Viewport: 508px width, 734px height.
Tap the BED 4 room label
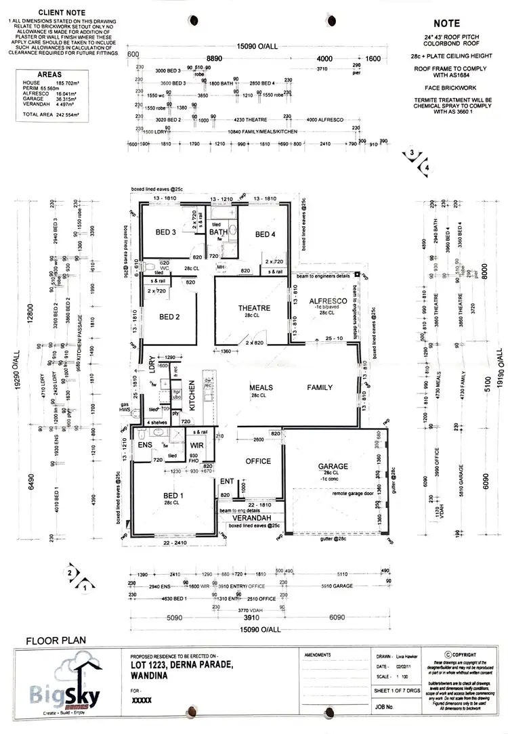(x=265, y=234)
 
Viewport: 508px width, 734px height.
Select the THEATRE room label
(x=255, y=308)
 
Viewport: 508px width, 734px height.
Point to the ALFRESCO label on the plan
(x=328, y=300)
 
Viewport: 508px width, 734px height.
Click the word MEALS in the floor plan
(x=261, y=387)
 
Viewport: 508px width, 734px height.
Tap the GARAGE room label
(x=333, y=467)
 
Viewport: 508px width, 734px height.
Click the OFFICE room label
(x=257, y=461)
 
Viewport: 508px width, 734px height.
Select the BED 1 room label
(x=173, y=495)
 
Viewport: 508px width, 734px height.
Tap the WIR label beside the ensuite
(x=197, y=445)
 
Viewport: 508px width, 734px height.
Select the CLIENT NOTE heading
(x=61, y=13)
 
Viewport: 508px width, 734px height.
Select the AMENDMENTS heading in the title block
(x=318, y=655)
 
